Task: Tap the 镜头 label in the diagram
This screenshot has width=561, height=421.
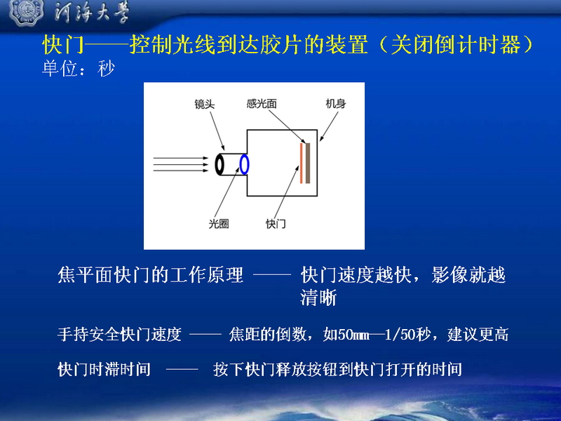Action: pos(204,104)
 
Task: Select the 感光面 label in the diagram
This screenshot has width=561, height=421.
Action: pos(262,104)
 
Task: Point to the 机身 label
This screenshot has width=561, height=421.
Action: pos(336,104)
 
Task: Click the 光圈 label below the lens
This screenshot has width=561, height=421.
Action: pos(219,224)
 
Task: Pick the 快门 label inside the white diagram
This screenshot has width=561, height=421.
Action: pos(276,224)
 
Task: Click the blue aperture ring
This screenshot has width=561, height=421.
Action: pos(244,164)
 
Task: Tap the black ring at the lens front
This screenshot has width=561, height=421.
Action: pos(219,165)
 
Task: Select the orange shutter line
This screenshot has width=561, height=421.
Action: pos(302,163)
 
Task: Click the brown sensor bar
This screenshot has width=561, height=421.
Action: pos(308,163)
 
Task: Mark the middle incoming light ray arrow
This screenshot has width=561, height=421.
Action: pos(181,164)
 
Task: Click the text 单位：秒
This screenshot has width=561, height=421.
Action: pos(79,68)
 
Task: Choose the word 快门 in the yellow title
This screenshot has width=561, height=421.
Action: pos(63,45)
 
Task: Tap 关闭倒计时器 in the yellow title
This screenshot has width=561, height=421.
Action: pos(455,45)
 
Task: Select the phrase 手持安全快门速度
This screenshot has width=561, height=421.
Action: pos(119,335)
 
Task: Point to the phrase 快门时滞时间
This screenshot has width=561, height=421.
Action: pos(104,369)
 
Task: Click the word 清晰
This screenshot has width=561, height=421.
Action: pos(318,298)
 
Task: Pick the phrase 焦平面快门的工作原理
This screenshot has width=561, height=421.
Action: pos(151,275)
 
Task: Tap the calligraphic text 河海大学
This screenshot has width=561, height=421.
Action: pos(92,12)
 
